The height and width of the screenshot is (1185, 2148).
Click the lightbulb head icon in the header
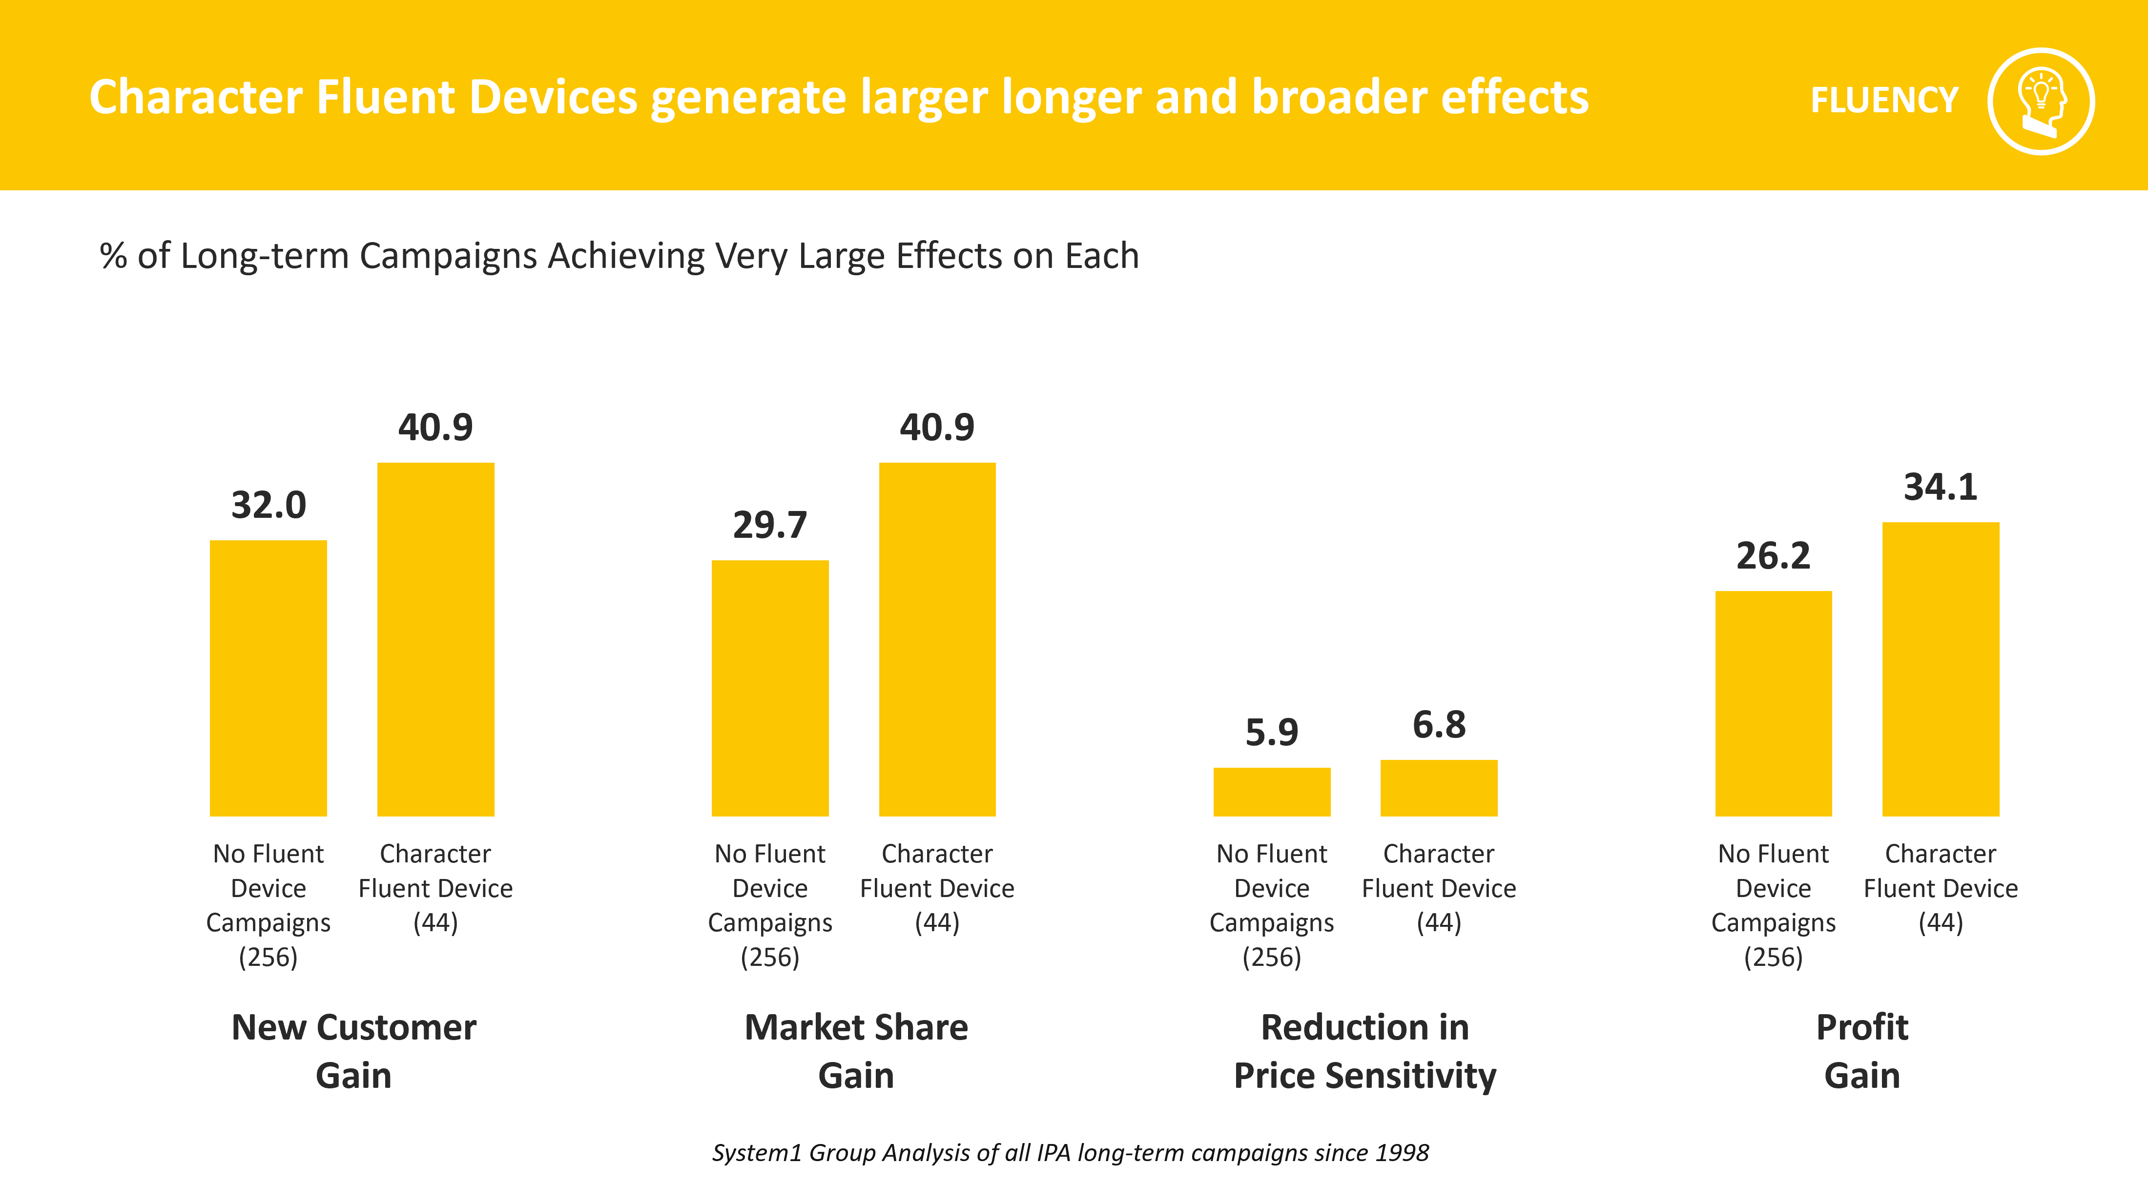2041,102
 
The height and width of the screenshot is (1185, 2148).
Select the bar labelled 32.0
268,678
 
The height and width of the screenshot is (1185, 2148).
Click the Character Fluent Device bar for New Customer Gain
436,640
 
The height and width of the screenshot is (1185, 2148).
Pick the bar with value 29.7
770,688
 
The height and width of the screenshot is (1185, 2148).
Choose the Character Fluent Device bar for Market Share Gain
937,640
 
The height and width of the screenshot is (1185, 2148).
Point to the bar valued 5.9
1272,792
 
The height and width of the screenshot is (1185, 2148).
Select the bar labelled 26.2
1774,704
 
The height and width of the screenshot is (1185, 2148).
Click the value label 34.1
1941,487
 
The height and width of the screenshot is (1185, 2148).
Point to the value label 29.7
770,525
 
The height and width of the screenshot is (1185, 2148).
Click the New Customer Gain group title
353,1051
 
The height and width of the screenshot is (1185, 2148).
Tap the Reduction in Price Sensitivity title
1365,1051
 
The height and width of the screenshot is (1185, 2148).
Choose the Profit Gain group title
1862,1051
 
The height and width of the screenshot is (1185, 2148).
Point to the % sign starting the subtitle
113,256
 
